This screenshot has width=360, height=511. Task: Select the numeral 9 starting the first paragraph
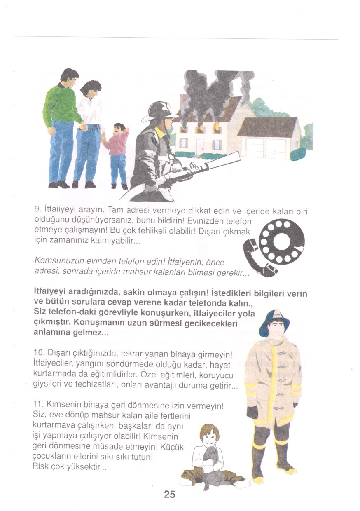pyautogui.click(x=36, y=209)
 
